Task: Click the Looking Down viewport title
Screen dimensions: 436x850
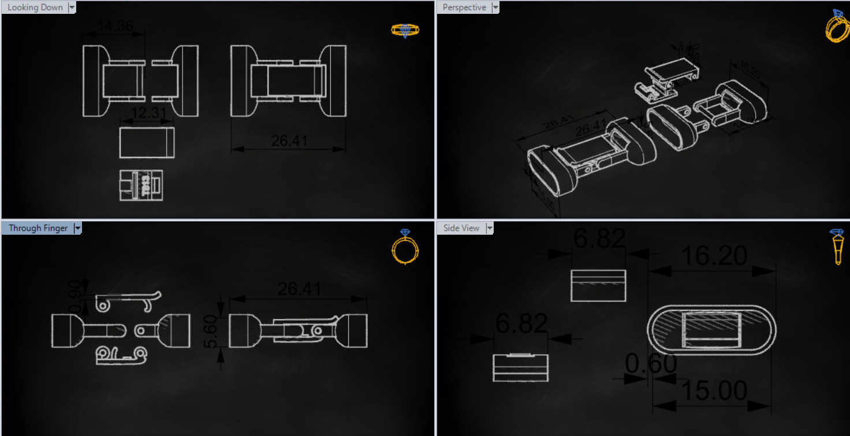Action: pos(35,7)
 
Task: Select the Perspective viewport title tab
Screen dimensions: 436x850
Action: pos(464,7)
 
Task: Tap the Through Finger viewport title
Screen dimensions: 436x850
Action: pos(38,228)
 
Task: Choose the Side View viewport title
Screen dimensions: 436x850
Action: pos(461,228)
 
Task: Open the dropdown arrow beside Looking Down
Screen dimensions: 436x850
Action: pos(72,7)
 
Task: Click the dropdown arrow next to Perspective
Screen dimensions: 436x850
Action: pos(495,7)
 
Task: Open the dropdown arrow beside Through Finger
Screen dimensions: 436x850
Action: pos(77,228)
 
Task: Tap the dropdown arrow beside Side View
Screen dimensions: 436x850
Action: pos(490,228)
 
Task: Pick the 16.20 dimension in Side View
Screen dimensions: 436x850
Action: pos(714,255)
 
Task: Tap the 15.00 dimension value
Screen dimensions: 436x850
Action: pos(714,391)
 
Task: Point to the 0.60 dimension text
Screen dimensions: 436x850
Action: pos(651,364)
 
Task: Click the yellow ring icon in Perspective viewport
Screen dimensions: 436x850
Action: pos(837,25)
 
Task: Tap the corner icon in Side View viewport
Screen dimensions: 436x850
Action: pos(837,246)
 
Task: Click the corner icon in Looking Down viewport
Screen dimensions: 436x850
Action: pos(405,30)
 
